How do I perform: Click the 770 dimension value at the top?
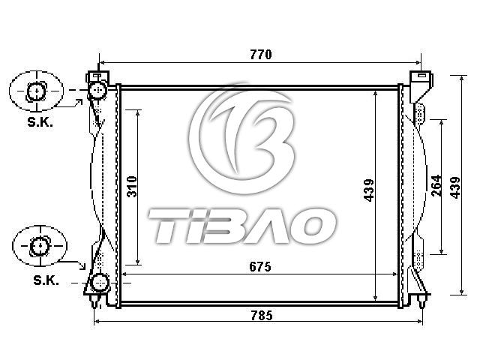261,55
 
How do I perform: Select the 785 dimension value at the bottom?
262,315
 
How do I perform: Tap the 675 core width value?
260,267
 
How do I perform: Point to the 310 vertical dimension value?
132,187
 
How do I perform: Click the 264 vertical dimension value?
436,185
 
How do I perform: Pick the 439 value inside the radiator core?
369,190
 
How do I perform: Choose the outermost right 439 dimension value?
455,187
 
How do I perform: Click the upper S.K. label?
40,122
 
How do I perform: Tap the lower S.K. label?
46,280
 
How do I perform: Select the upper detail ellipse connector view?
37,91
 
